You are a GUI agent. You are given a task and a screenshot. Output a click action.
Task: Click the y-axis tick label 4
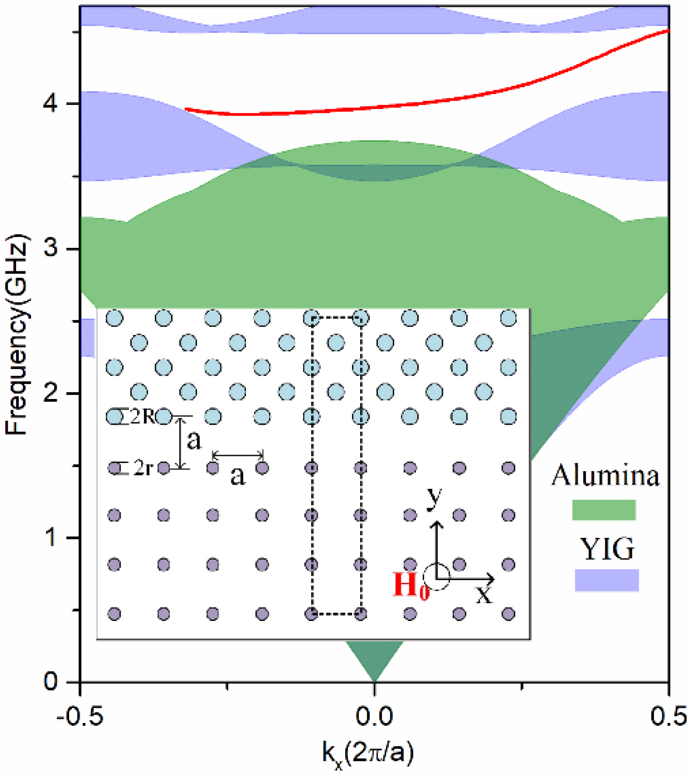pos(51,104)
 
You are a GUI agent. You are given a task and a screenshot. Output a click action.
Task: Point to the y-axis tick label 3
pos(51,249)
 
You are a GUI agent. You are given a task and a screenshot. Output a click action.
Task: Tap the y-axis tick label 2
pos(51,394)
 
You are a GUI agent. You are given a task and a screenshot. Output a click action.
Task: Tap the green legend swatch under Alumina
pos(604,509)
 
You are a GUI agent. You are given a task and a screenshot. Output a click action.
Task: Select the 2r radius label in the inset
pos(143,469)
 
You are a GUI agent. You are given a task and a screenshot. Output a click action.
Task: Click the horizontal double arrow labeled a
pos(237,455)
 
